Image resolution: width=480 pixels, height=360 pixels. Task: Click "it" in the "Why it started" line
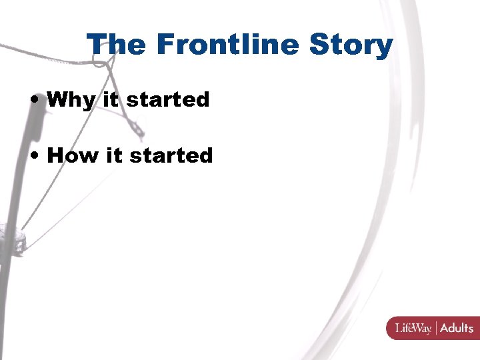pos(111,99)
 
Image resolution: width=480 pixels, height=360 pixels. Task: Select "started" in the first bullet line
pos(167,100)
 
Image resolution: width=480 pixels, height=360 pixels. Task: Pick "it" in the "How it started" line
pos(114,155)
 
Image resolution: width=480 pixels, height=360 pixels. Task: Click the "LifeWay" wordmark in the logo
pos(413,328)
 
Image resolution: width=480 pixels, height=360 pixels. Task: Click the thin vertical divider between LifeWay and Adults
pos(435,328)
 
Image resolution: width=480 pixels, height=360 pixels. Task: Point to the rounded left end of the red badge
pos(389,328)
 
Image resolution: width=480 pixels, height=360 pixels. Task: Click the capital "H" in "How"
pos(56,155)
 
